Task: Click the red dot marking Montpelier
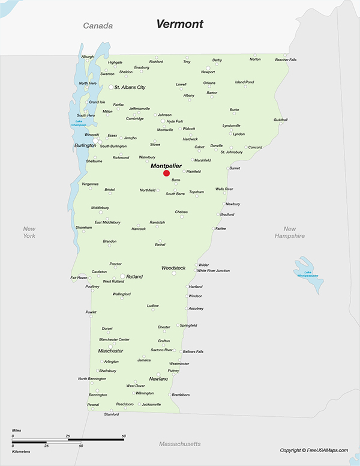pos(166,173)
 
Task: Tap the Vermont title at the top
pos(179,24)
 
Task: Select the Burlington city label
pos(85,145)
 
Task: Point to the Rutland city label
pos(134,277)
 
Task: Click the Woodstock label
pos(173,268)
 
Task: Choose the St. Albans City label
pos(130,88)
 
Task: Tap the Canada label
pos(98,26)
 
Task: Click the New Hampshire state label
pos(290,232)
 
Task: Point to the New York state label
pos(29,232)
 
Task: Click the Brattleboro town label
pos(181,395)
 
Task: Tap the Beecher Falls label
pos(286,60)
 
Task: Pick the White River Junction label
pos(214,271)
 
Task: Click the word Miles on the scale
pos(17,431)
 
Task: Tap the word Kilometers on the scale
pos(21,450)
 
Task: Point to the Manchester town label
pos(110,351)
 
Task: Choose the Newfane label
pos(158,379)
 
